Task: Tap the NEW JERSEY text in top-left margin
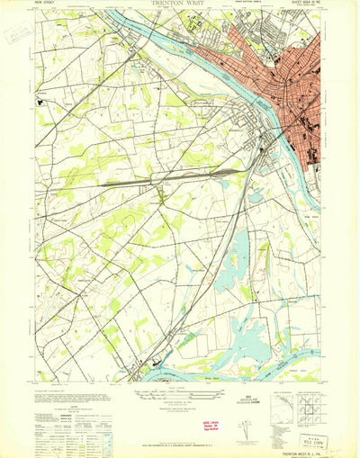[x=47, y=4]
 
